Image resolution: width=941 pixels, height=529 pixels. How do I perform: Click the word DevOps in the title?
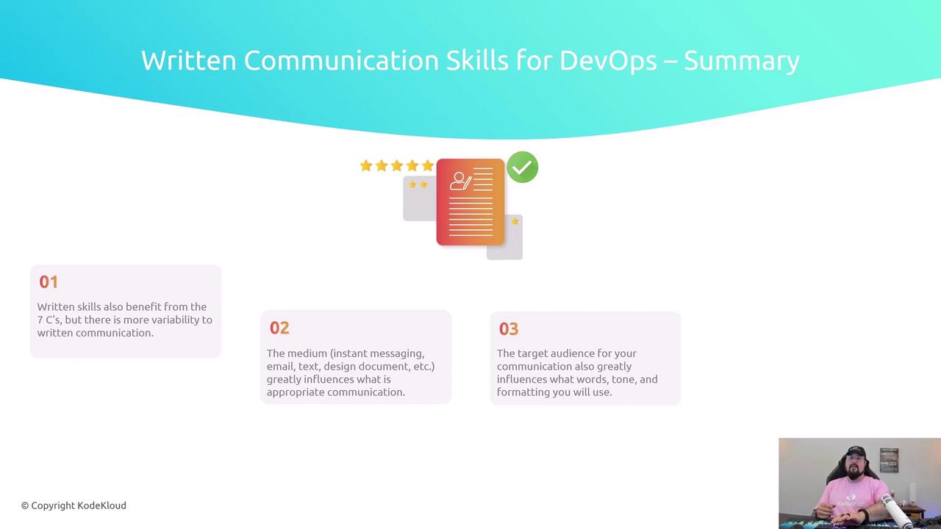coord(608,60)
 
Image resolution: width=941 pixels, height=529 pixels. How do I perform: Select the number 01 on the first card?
coord(49,281)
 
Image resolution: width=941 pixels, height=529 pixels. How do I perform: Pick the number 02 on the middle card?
coord(279,328)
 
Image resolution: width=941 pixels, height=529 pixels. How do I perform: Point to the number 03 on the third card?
coord(509,329)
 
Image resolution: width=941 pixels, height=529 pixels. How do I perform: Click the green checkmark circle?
coord(522,167)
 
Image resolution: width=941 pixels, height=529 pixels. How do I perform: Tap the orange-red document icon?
coord(470,202)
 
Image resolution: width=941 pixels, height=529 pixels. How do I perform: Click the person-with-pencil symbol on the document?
coord(461,181)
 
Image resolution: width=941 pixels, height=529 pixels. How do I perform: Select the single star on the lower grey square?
coord(515,221)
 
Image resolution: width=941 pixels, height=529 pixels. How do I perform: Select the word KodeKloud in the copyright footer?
coord(101,505)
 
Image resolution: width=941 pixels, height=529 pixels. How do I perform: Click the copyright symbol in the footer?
coord(25,506)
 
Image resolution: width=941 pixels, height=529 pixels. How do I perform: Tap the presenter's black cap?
coord(855,452)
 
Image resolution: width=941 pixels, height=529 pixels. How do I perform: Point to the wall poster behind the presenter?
coord(889,460)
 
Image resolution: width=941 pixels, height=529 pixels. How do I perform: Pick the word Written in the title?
coord(189,60)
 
